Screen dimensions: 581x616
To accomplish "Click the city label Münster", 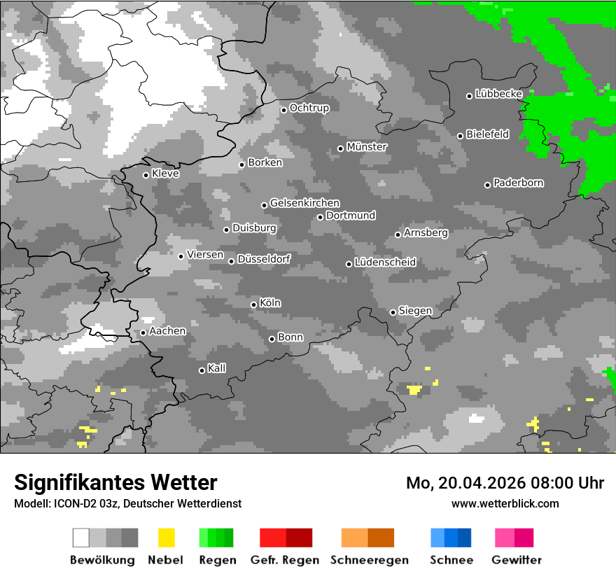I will [x=367, y=147].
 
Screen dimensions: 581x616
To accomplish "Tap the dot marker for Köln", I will [x=253, y=304].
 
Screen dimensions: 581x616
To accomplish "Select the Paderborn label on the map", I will [x=519, y=183].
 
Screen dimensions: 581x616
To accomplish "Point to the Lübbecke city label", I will [x=498, y=94].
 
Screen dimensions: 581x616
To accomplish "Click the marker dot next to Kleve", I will [x=146, y=175].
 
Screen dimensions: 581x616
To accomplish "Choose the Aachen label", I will [x=167, y=331].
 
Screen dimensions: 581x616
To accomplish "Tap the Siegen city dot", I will [x=393, y=312].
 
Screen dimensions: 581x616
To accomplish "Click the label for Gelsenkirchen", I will [x=304, y=203].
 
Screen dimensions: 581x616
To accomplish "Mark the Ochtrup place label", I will [x=309, y=108].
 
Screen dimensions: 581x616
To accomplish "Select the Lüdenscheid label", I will [x=385, y=262].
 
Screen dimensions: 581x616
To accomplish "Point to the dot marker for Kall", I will [x=202, y=370].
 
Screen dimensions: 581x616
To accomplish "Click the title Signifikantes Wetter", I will [x=115, y=482].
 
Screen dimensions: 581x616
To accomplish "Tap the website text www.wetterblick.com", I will [x=505, y=503].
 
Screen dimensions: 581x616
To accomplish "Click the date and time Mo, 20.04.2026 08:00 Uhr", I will [x=505, y=483].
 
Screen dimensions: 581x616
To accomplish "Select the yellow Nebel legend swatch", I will [x=166, y=538].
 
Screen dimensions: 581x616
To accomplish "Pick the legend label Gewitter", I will [x=517, y=560].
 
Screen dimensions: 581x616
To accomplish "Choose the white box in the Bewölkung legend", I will [x=81, y=538].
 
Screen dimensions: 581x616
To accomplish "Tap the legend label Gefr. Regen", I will [x=285, y=560].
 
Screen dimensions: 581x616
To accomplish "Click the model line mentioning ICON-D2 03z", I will [x=127, y=503].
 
